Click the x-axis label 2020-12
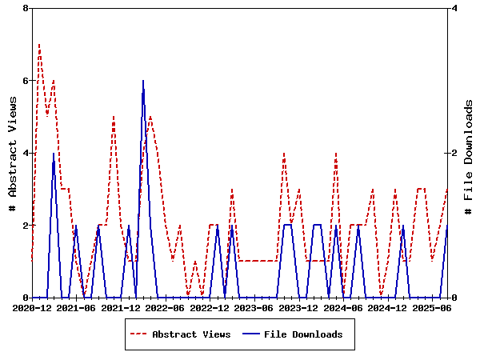32,307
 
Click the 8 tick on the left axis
26,8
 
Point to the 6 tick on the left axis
26,81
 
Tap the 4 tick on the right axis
454,8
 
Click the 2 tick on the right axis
454,153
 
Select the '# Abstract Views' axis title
12,153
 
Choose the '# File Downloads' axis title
469,153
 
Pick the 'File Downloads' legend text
302,334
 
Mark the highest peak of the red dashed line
39,45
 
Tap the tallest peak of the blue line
143,81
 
